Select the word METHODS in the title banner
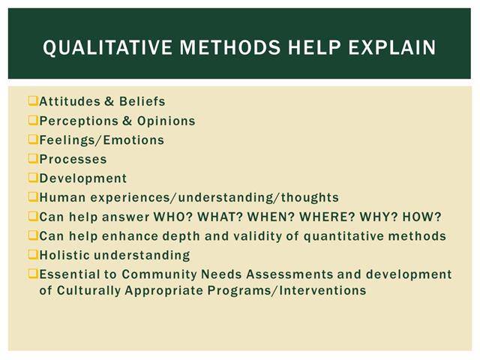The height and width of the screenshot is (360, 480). tap(230, 47)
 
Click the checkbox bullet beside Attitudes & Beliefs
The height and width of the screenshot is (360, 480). tap(33, 100)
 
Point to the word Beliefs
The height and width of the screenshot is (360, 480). tap(142, 101)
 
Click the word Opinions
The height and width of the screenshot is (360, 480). tap(166, 121)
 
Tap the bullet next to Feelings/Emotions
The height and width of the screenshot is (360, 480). tap(33, 139)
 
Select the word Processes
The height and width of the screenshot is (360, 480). tap(73, 159)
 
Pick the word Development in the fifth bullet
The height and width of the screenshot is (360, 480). tap(83, 178)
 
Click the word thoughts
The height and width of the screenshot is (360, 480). tap(310, 197)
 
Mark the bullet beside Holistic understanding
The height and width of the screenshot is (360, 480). tap(33, 254)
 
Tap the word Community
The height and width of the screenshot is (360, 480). tap(159, 274)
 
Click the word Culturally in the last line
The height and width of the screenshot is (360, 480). tap(88, 290)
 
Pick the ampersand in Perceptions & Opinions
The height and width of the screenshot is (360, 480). tap(127, 121)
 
